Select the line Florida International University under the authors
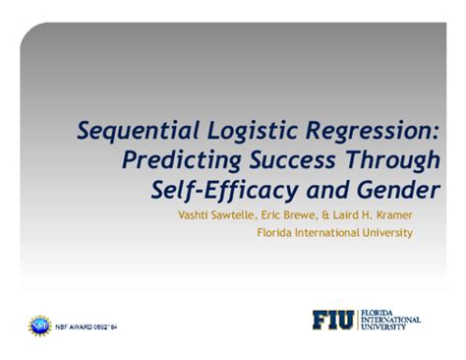[x=334, y=233]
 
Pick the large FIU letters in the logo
[x=334, y=320]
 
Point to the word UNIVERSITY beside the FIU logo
[x=385, y=328]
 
